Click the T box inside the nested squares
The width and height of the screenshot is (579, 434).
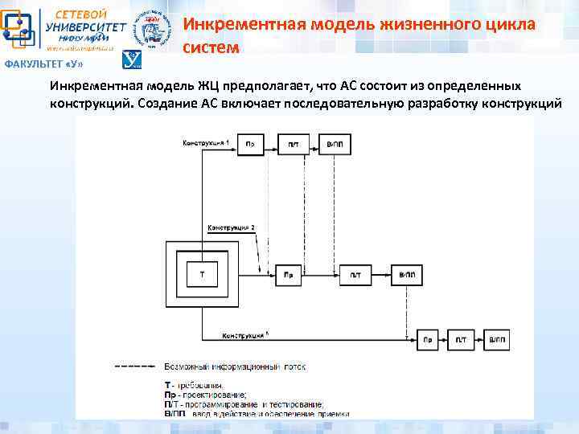pyautogui.click(x=202, y=274)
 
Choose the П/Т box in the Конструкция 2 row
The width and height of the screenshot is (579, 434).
pyautogui.click(x=355, y=274)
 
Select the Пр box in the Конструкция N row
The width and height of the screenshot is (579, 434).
pyautogui.click(x=429, y=341)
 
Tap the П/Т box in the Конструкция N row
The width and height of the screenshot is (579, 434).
pyautogui.click(x=462, y=341)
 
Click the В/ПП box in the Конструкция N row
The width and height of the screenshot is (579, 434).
pyautogui.click(x=497, y=341)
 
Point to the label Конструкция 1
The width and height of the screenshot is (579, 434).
pyautogui.click(x=206, y=141)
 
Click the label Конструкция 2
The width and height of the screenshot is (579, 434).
pyautogui.click(x=232, y=228)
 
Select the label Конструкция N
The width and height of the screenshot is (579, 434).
pyautogui.click(x=245, y=334)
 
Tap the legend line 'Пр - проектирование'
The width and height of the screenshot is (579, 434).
pyautogui.click(x=205, y=394)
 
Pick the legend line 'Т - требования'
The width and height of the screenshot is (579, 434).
pyautogui.click(x=196, y=385)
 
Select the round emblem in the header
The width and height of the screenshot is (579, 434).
pyautogui.click(x=151, y=31)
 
